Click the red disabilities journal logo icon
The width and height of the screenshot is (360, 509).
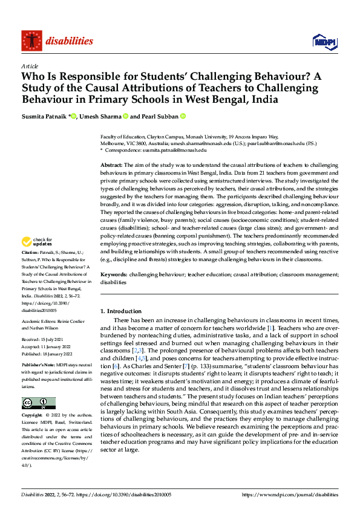[x=31, y=41]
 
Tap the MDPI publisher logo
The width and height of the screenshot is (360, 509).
[x=324, y=41]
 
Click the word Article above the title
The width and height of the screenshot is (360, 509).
[x=30, y=66]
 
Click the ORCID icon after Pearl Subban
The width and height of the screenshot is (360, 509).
[x=182, y=117]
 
